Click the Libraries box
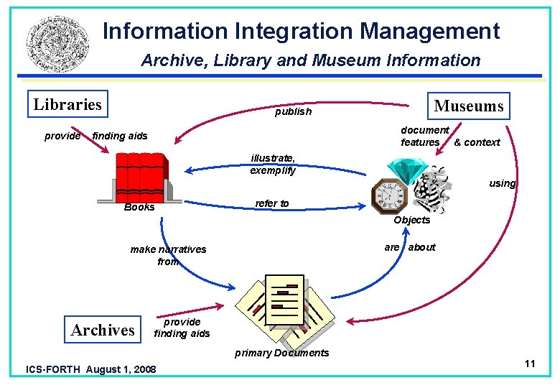(67, 105)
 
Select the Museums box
(468, 106)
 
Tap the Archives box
(103, 330)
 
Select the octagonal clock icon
(388, 194)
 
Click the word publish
(293, 111)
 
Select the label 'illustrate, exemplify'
(272, 165)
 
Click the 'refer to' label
(272, 203)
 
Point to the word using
(503, 183)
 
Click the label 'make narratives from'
(168, 255)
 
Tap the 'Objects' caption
(412, 220)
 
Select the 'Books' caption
(139, 207)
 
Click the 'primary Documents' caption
(282, 353)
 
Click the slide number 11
(530, 364)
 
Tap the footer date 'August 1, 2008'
(120, 369)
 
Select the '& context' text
(477, 142)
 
